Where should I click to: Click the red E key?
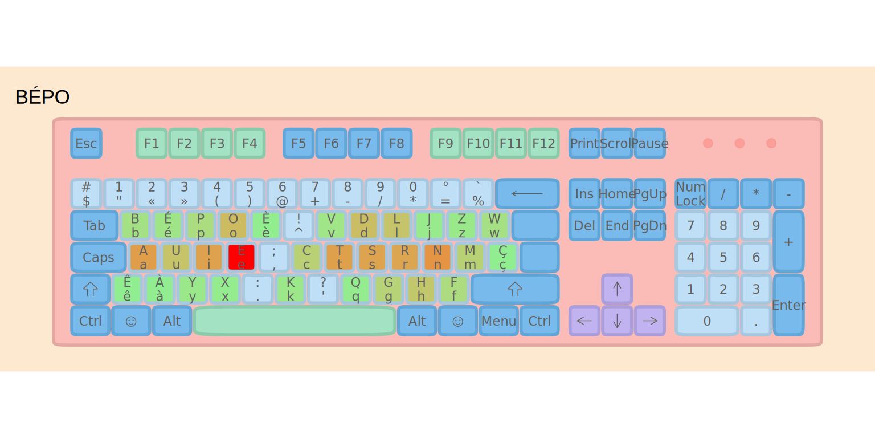[242, 257]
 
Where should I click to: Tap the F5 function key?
[299, 143]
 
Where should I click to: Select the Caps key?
[98, 257]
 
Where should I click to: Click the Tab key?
[94, 225]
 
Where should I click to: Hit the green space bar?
[295, 321]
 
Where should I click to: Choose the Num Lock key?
[690, 194]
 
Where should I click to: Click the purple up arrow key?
[617, 289]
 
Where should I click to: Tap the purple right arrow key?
[649, 321]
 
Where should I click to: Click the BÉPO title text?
[42, 97]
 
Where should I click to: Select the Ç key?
[502, 257]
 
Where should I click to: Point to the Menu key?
[498, 321]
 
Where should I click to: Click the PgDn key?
[649, 225]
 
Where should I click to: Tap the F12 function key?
[543, 143]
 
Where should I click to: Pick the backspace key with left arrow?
[527, 194]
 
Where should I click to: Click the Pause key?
[649, 143]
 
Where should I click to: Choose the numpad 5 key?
[723, 257]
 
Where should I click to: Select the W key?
[494, 225]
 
